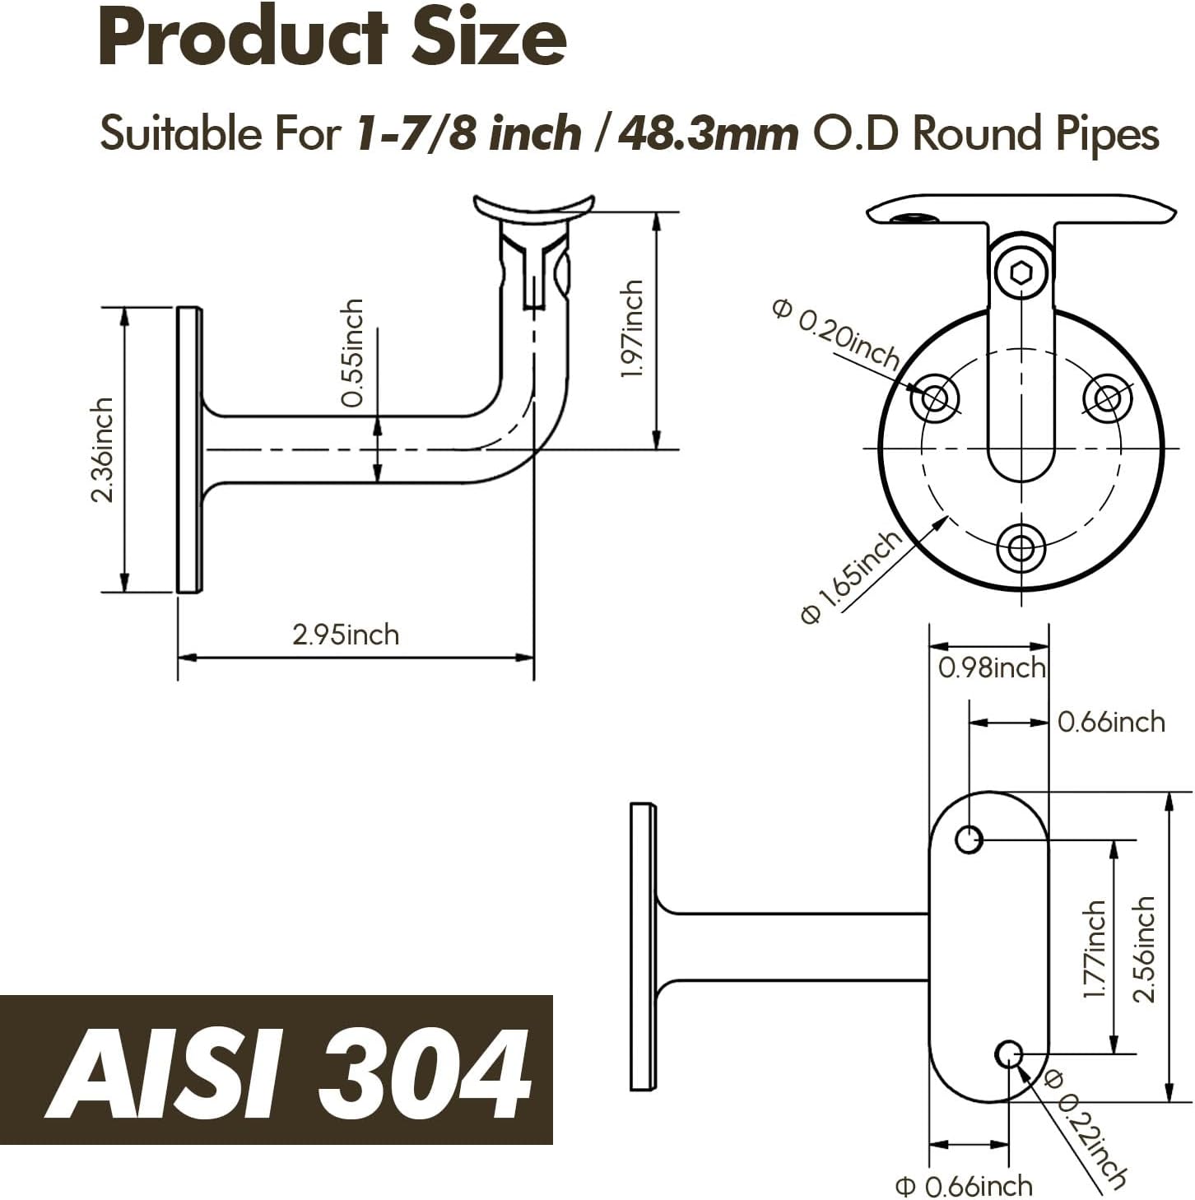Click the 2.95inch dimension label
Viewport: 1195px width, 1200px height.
pos(346,635)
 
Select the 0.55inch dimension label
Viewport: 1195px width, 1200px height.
pos(352,353)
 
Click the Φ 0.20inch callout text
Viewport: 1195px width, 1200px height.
pos(836,334)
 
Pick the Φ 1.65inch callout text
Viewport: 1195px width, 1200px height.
pos(851,577)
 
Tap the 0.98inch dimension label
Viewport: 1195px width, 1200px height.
pos(992,668)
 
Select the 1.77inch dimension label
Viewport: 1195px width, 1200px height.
pos(1094,948)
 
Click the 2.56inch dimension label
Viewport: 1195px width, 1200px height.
pos(1143,949)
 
